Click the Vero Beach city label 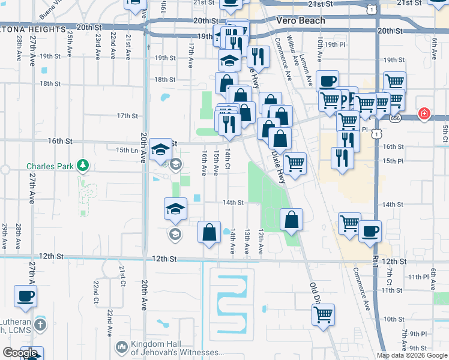(301, 20)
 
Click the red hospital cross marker (424, 113)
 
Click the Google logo (20, 352)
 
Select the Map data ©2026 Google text (412, 355)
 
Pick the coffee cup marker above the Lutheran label (25, 296)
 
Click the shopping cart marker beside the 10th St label (323, 314)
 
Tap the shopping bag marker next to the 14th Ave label (209, 233)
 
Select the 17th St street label (128, 115)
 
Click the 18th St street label (164, 79)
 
